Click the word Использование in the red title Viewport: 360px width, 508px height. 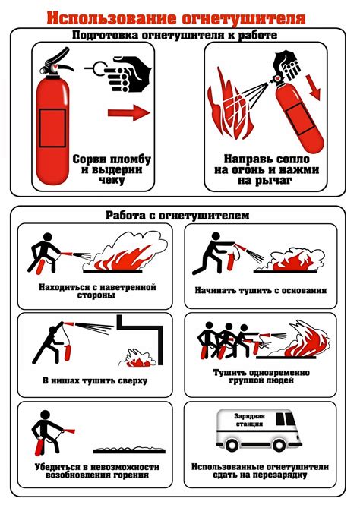[112, 18]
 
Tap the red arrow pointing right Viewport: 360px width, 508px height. [129, 112]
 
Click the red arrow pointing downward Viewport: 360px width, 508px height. [313, 87]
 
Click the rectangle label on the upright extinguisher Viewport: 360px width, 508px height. [52, 128]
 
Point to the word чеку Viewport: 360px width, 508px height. [112, 180]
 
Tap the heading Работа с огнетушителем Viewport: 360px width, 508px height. [178, 215]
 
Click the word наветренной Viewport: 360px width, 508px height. [128, 287]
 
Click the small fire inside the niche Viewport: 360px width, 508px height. [138, 358]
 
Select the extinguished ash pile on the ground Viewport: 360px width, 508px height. [129, 450]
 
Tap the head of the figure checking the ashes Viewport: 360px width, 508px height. [46, 415]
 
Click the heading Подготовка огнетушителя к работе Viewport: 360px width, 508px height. [175, 35]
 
